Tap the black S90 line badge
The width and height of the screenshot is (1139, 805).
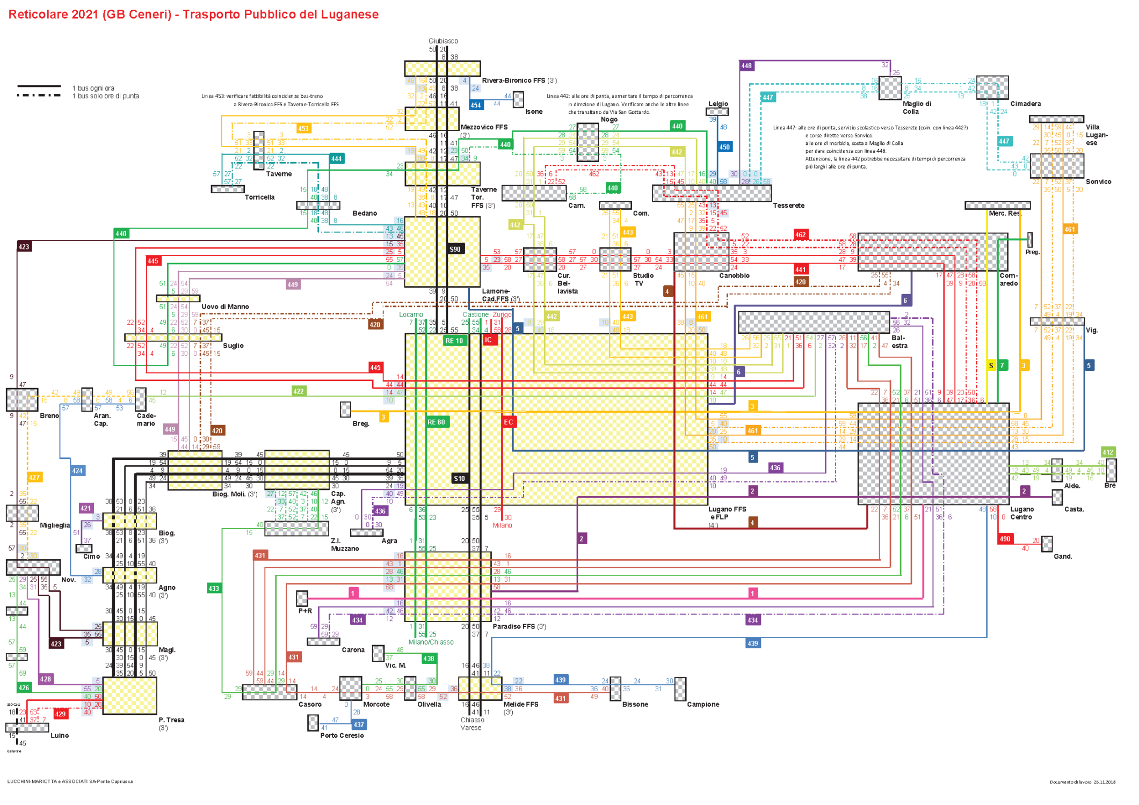[455, 249]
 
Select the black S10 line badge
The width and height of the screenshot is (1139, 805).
[459, 478]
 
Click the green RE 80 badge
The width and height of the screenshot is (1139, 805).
[436, 422]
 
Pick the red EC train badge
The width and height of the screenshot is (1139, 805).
[508, 422]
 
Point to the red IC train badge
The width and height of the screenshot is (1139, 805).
[488, 340]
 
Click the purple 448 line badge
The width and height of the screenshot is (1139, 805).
[746, 65]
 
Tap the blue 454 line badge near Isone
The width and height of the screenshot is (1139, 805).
[476, 105]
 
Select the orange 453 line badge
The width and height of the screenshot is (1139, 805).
[303, 128]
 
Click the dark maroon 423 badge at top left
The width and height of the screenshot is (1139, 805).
[24, 247]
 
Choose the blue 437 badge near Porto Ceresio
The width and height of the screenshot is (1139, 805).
[359, 724]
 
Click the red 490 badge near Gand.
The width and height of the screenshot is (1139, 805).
[1005, 539]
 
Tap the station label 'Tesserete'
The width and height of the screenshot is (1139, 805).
[788, 206]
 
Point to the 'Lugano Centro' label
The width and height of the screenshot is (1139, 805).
[1021, 513]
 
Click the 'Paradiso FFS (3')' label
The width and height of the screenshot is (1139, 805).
[519, 626]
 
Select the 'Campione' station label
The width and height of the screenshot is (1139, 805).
[702, 704]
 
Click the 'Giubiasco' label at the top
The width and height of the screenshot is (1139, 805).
[443, 41]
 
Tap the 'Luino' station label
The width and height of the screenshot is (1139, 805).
[60, 735]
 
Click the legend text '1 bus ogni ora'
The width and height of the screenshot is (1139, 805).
[93, 88]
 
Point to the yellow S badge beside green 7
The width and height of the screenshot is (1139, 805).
[991, 365]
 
